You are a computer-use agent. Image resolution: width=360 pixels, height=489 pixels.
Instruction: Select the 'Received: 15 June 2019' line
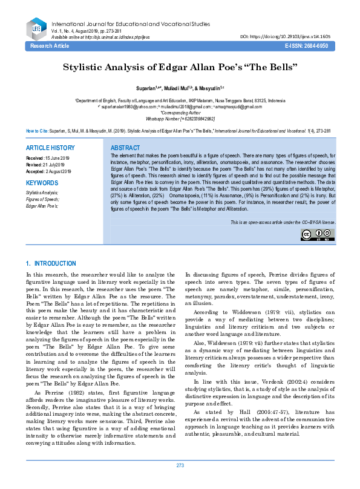click(x=48, y=158)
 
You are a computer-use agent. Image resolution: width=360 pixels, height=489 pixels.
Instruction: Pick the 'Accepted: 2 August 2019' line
click(x=48, y=171)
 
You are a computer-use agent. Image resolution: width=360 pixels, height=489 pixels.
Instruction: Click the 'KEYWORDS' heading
click(x=42, y=182)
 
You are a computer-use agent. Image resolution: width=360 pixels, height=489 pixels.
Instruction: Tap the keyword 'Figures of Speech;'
click(x=42, y=199)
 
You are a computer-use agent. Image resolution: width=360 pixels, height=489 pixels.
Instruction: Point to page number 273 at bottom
click(x=180, y=482)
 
